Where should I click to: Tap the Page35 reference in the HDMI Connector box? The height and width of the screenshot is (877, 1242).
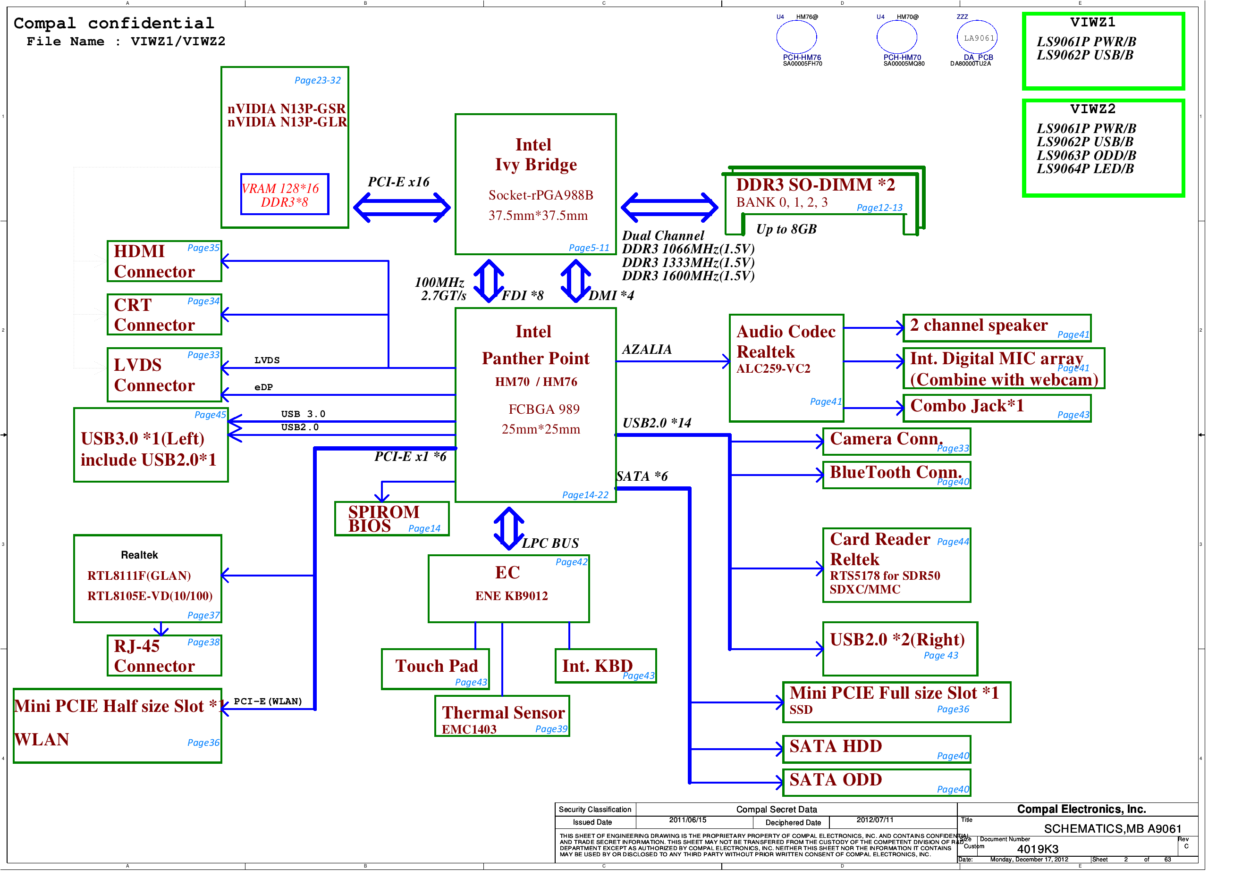point(203,248)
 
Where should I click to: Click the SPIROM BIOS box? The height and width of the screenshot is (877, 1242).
point(392,519)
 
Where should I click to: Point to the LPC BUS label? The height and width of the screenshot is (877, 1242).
point(550,543)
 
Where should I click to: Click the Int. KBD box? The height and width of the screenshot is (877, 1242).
point(605,667)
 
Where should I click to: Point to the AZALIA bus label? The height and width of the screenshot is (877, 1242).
point(647,350)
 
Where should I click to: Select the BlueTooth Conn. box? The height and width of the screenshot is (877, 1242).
point(896,475)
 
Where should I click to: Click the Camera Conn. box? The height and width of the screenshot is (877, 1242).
point(896,442)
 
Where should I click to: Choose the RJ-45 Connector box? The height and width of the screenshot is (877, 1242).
point(164,656)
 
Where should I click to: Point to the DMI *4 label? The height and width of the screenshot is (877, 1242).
point(611,296)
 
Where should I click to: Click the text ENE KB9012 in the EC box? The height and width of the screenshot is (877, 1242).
point(511,596)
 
